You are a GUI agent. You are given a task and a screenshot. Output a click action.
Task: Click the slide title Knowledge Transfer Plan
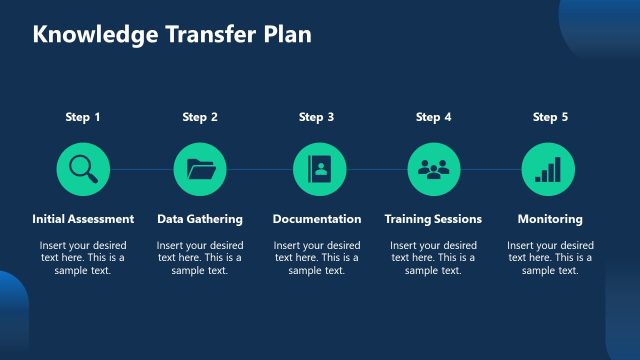(172, 34)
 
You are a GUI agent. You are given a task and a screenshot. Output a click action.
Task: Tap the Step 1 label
(83, 117)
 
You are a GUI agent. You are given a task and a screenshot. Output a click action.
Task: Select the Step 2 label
(200, 117)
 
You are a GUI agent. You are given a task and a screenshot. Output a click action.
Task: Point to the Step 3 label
(317, 117)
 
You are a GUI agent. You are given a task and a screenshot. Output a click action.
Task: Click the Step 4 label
(433, 117)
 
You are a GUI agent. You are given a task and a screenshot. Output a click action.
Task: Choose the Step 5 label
(550, 117)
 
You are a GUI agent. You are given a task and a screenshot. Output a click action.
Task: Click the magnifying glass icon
(83, 169)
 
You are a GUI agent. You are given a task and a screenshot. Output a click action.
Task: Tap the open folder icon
(200, 169)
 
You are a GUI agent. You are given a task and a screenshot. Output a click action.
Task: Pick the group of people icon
(434, 169)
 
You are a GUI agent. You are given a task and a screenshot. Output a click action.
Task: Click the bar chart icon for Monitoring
(549, 169)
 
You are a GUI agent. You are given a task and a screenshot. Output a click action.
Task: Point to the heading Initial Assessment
(83, 219)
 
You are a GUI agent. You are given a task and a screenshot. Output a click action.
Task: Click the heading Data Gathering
(200, 219)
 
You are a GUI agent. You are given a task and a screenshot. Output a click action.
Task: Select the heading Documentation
(317, 219)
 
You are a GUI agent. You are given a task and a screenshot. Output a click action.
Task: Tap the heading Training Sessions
(433, 219)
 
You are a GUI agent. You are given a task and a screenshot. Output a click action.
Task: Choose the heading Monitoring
(550, 219)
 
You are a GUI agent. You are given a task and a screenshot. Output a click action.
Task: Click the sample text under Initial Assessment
(83, 257)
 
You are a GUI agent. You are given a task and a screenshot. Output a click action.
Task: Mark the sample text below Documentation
(317, 257)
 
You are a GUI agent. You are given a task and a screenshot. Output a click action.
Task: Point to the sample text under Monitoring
(550, 257)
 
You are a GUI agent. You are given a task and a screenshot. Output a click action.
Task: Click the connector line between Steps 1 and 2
(141, 170)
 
